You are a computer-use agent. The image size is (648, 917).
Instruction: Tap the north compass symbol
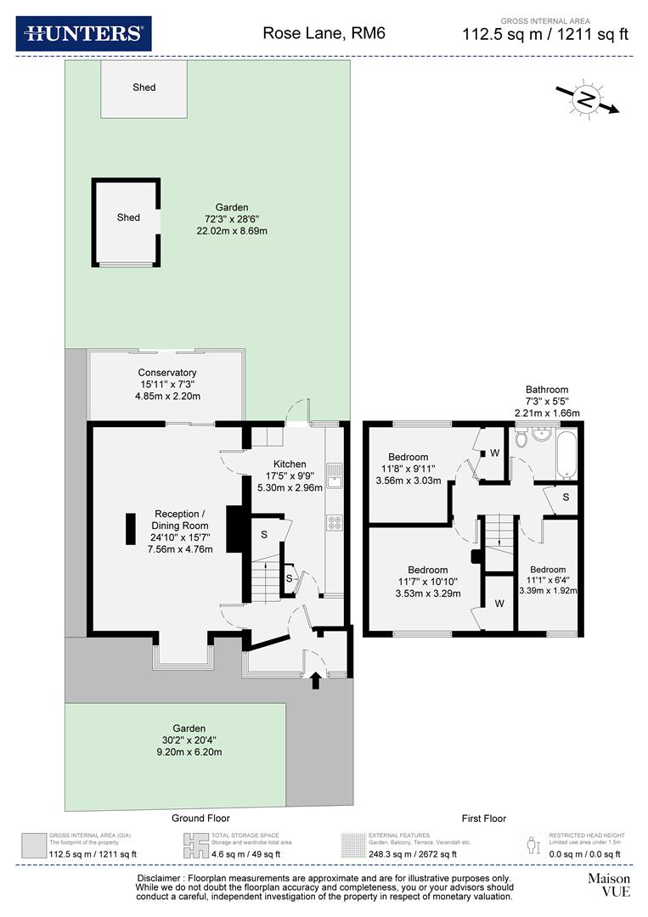coord(586,98)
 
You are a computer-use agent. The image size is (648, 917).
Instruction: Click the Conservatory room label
coord(167,373)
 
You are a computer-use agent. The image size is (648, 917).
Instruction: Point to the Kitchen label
coord(290,464)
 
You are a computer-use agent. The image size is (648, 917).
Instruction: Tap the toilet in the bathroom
coord(521,439)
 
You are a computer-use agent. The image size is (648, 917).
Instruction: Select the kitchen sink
coord(336,475)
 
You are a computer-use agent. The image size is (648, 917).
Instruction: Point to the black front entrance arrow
coord(316,680)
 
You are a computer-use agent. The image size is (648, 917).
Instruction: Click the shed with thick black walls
coord(127,222)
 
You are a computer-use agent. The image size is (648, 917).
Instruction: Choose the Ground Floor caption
coord(201,819)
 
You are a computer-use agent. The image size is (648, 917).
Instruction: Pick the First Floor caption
coord(483,819)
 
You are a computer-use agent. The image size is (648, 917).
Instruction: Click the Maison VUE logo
coord(609,885)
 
